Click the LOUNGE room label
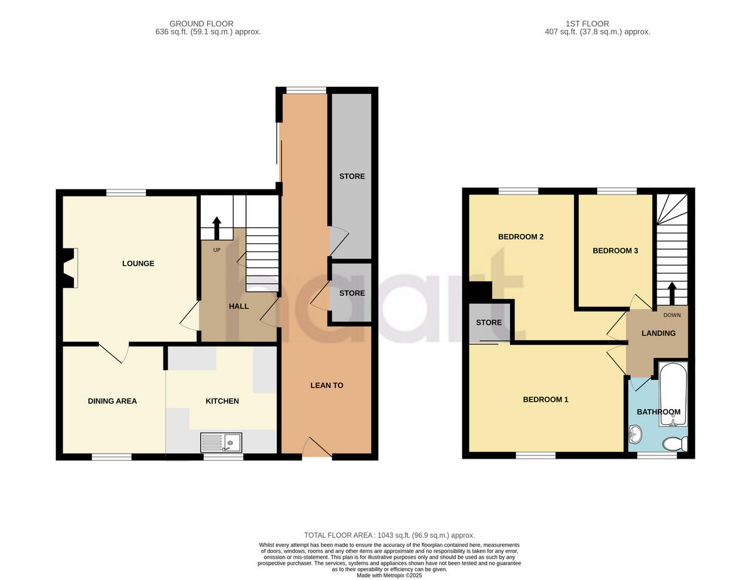point(138,263)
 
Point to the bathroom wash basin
point(635,433)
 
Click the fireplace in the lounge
point(69,268)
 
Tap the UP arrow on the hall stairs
point(217,228)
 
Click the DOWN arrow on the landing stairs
point(672,293)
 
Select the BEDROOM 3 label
point(615,251)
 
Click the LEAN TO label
point(327,385)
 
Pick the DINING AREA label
point(112,401)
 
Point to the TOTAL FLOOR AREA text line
point(389,536)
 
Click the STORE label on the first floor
point(489,323)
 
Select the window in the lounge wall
point(126,193)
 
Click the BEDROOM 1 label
point(545,399)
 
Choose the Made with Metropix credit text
point(389,576)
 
